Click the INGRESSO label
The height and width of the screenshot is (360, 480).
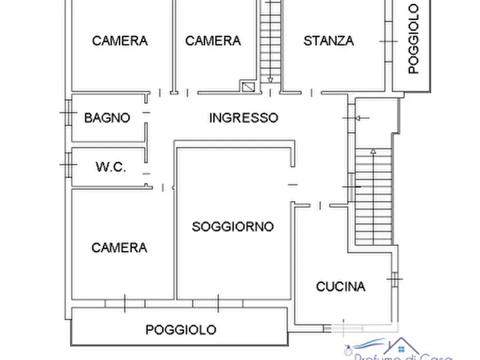pyautogui.click(x=243, y=118)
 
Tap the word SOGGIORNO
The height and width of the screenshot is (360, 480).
pyautogui.click(x=233, y=227)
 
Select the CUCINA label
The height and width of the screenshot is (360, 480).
pyautogui.click(x=340, y=286)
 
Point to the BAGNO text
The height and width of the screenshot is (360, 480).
pyautogui.click(x=107, y=118)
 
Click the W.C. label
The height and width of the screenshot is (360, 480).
pyautogui.click(x=111, y=167)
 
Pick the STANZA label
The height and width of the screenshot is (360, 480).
pyautogui.click(x=328, y=41)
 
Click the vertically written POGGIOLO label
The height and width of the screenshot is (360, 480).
pyautogui.click(x=413, y=39)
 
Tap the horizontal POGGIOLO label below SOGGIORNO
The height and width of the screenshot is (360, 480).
pyautogui.click(x=181, y=329)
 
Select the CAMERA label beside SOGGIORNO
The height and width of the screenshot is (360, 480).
pyautogui.click(x=119, y=247)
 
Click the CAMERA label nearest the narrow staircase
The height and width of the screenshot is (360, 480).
pyautogui.click(x=213, y=41)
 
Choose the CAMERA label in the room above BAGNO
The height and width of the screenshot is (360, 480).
pyautogui.click(x=119, y=41)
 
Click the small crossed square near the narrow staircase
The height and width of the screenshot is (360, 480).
pyautogui.click(x=248, y=86)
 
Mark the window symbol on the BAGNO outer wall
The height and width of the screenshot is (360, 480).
pyautogui.click(x=67, y=113)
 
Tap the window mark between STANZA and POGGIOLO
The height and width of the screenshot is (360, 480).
pyautogui.click(x=386, y=41)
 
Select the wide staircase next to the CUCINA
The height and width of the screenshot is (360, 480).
pyautogui.click(x=373, y=196)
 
